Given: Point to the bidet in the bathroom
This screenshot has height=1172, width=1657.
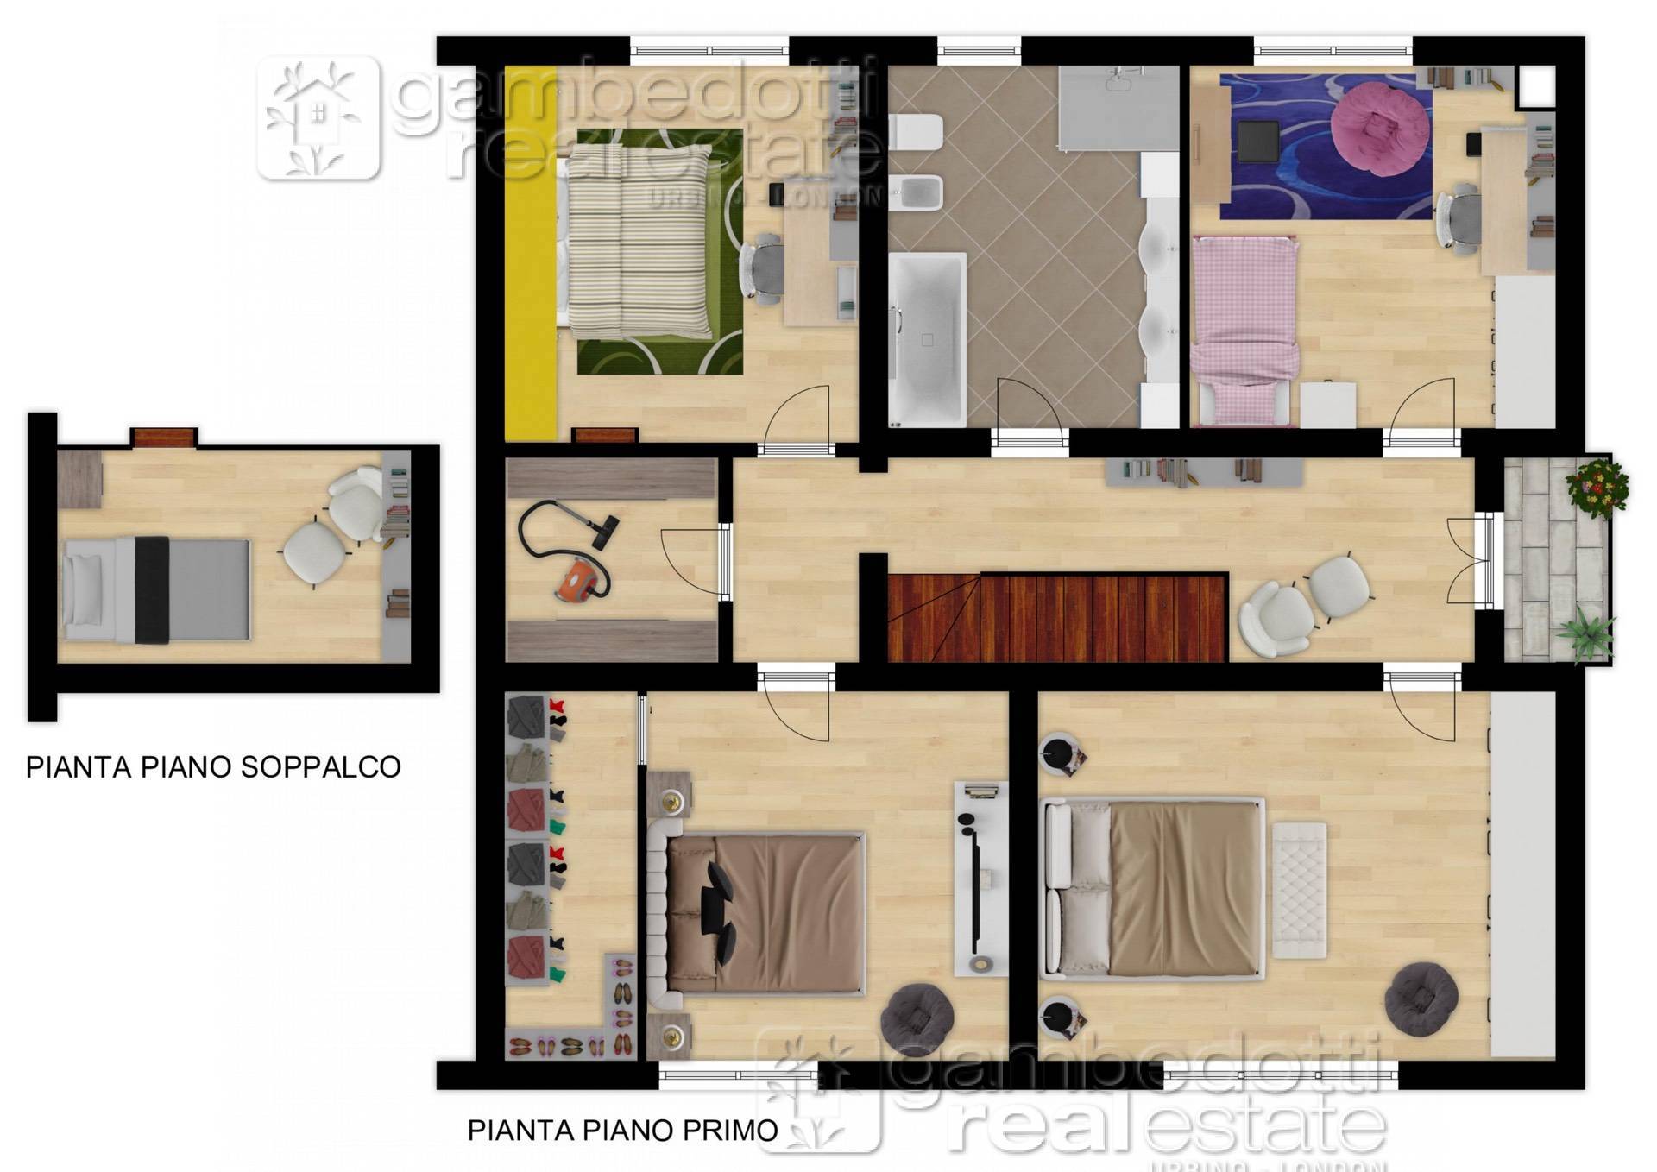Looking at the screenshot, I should [x=917, y=192].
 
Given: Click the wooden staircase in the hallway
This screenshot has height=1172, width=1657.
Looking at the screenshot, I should [x=1057, y=617].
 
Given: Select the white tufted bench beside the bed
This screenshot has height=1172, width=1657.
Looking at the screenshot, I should [x=1299, y=889].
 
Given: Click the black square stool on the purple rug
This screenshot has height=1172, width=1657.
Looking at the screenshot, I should [x=1257, y=142].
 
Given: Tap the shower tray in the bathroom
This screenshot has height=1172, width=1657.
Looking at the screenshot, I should [x=1118, y=108].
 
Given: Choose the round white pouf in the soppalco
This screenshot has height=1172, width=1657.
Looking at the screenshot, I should [x=314, y=554].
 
